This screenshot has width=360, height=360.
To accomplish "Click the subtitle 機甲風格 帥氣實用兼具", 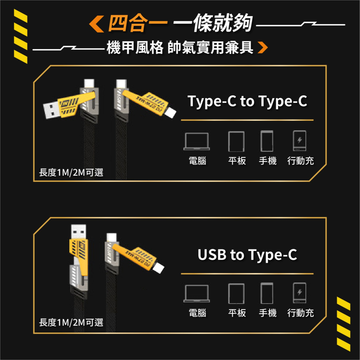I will click(180, 48).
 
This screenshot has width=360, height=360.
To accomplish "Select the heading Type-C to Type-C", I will click(247, 102).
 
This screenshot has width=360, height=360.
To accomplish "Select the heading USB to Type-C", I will click(247, 255).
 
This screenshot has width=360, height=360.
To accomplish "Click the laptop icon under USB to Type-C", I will click(197, 293).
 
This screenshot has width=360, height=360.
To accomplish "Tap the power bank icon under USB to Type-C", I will click(300, 293).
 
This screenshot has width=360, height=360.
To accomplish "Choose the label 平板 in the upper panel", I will click(237, 161).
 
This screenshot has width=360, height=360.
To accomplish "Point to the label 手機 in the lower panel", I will click(267, 313).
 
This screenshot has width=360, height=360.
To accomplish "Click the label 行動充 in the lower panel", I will click(300, 313).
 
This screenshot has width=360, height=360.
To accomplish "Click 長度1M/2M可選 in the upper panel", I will click(71, 173).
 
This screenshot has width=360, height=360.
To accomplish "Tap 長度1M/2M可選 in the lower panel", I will click(71, 322).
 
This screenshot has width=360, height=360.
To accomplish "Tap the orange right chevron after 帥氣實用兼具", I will click(263, 48).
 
